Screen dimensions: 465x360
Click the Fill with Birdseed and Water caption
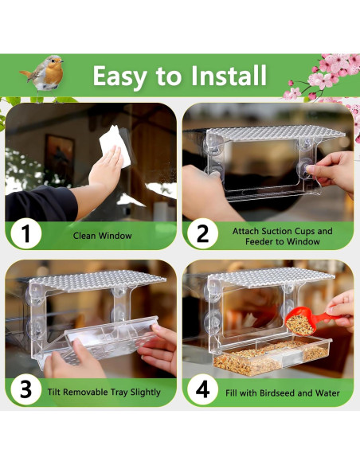click(x=282, y=393)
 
